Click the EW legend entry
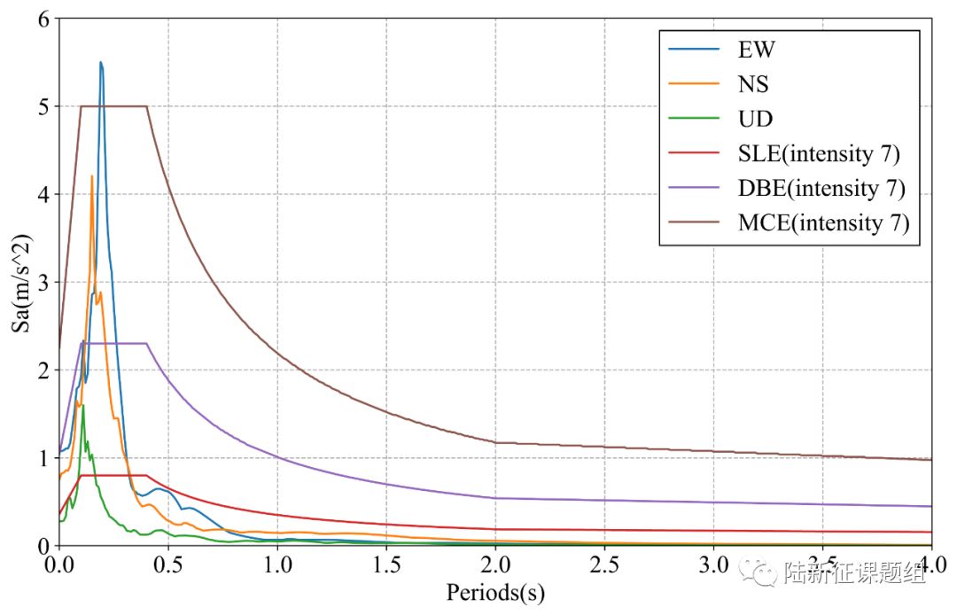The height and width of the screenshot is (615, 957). (757, 50)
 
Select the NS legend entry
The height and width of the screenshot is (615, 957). (754, 84)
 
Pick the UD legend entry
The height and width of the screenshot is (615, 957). (756, 119)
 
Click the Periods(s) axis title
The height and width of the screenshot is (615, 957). (495, 591)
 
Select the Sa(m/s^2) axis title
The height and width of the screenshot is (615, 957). (19, 282)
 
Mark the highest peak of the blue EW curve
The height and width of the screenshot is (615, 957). (101, 63)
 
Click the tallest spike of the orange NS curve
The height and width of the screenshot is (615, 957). (92, 176)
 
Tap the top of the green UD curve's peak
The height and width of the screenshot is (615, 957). (83, 406)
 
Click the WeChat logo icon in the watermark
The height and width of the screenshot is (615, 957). (759, 573)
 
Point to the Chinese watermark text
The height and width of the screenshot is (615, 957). (855, 574)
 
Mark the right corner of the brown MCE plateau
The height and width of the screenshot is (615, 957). (146, 106)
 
